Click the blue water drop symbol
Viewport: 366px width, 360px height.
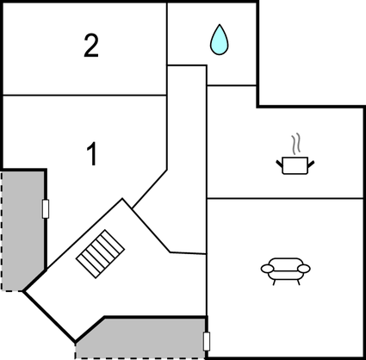(220, 40)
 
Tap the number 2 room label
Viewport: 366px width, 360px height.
(91, 46)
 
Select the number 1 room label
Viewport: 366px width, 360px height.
(92, 154)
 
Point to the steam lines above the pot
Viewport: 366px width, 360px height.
(296, 144)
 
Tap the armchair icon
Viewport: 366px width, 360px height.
(285, 270)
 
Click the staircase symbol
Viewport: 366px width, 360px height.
(101, 254)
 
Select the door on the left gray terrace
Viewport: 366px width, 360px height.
(46, 208)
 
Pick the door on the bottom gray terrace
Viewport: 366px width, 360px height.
(207, 341)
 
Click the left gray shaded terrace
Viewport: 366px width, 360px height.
(23, 230)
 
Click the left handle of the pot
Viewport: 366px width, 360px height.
(280, 164)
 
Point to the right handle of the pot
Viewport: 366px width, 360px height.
(311, 164)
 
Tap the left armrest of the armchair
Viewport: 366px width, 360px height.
(267, 269)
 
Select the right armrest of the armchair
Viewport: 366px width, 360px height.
(304, 269)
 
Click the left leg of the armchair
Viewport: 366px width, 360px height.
(274, 282)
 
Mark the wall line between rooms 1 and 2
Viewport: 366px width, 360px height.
(85, 95)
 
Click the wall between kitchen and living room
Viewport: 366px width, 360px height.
(285, 198)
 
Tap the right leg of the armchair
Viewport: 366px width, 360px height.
(298, 282)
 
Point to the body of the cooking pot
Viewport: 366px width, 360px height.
(295, 165)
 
